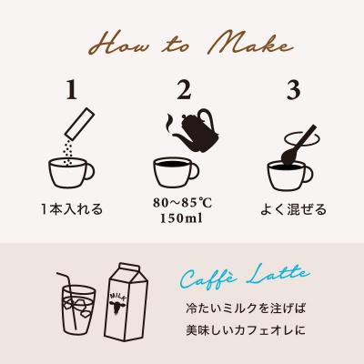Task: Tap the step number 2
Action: (183, 91)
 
